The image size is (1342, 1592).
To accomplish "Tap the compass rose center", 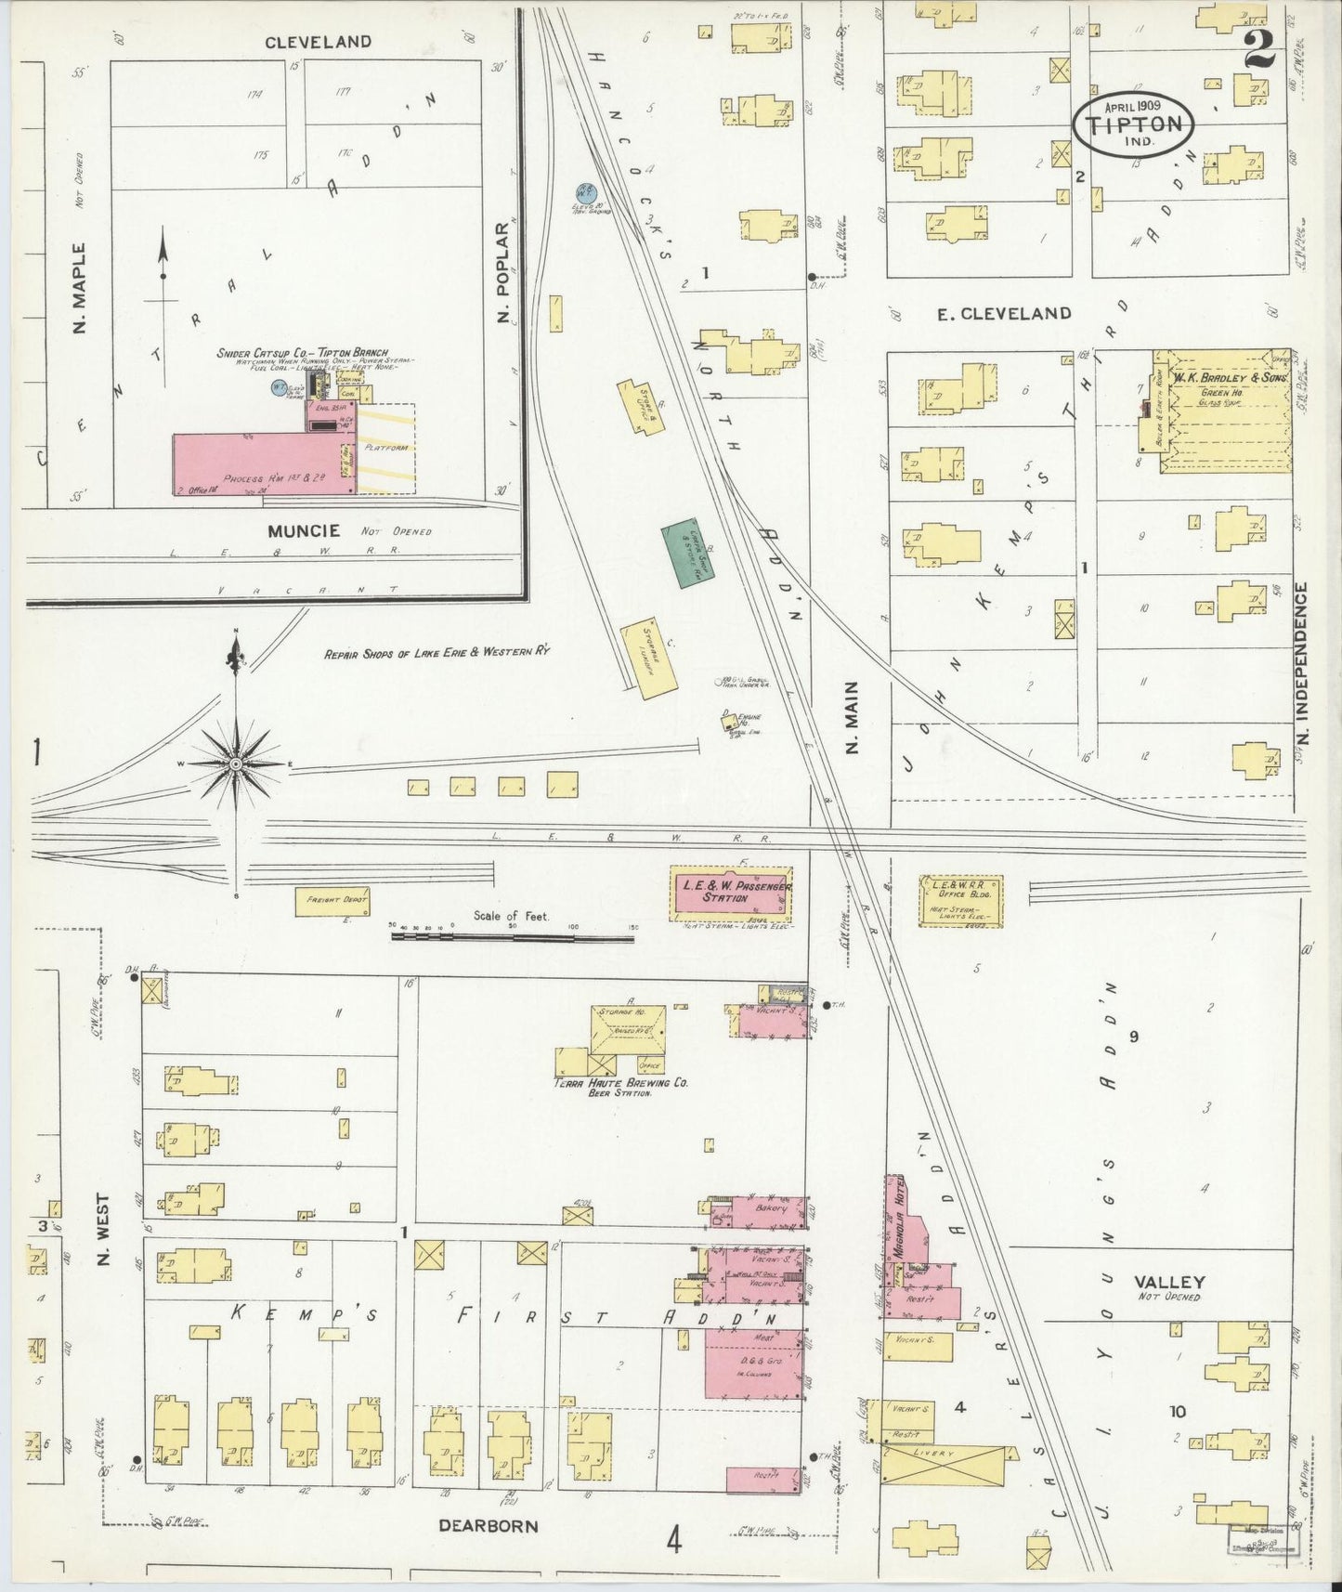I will coord(236,763).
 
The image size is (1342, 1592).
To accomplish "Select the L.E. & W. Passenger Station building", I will coord(732,894).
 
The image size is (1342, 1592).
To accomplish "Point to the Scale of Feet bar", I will coord(513,938).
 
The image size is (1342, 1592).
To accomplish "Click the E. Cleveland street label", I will coord(1003,314).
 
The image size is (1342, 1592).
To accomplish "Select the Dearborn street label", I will coord(488,1525).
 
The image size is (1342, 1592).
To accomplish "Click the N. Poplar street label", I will coord(504,275).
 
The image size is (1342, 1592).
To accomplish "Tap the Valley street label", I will coord(1169,1282).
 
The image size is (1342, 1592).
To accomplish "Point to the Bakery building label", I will coord(771,1208).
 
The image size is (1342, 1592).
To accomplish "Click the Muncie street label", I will coord(303,531).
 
